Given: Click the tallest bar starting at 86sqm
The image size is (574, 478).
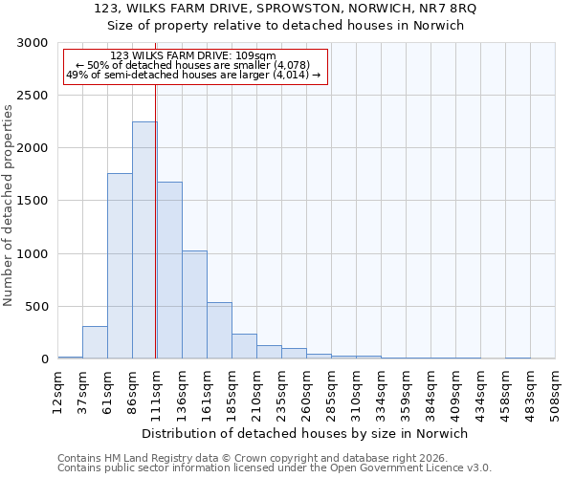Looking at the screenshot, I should pos(143,240).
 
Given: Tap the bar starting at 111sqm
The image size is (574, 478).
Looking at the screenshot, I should pos(169,271).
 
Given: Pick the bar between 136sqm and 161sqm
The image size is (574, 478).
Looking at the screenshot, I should pos(194,305).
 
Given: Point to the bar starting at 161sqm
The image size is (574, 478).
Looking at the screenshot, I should pos(219,331).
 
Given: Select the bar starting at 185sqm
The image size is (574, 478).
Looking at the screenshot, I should pos(244,346).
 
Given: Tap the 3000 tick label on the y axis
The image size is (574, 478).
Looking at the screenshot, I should pos(33,43).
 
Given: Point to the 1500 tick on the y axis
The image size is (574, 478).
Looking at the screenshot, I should pos(33,201).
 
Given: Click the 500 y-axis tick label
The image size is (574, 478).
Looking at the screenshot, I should pos(36,307).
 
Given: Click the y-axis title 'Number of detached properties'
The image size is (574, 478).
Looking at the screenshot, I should pos(9,206).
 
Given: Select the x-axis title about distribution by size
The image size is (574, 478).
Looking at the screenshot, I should pos(303,434).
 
